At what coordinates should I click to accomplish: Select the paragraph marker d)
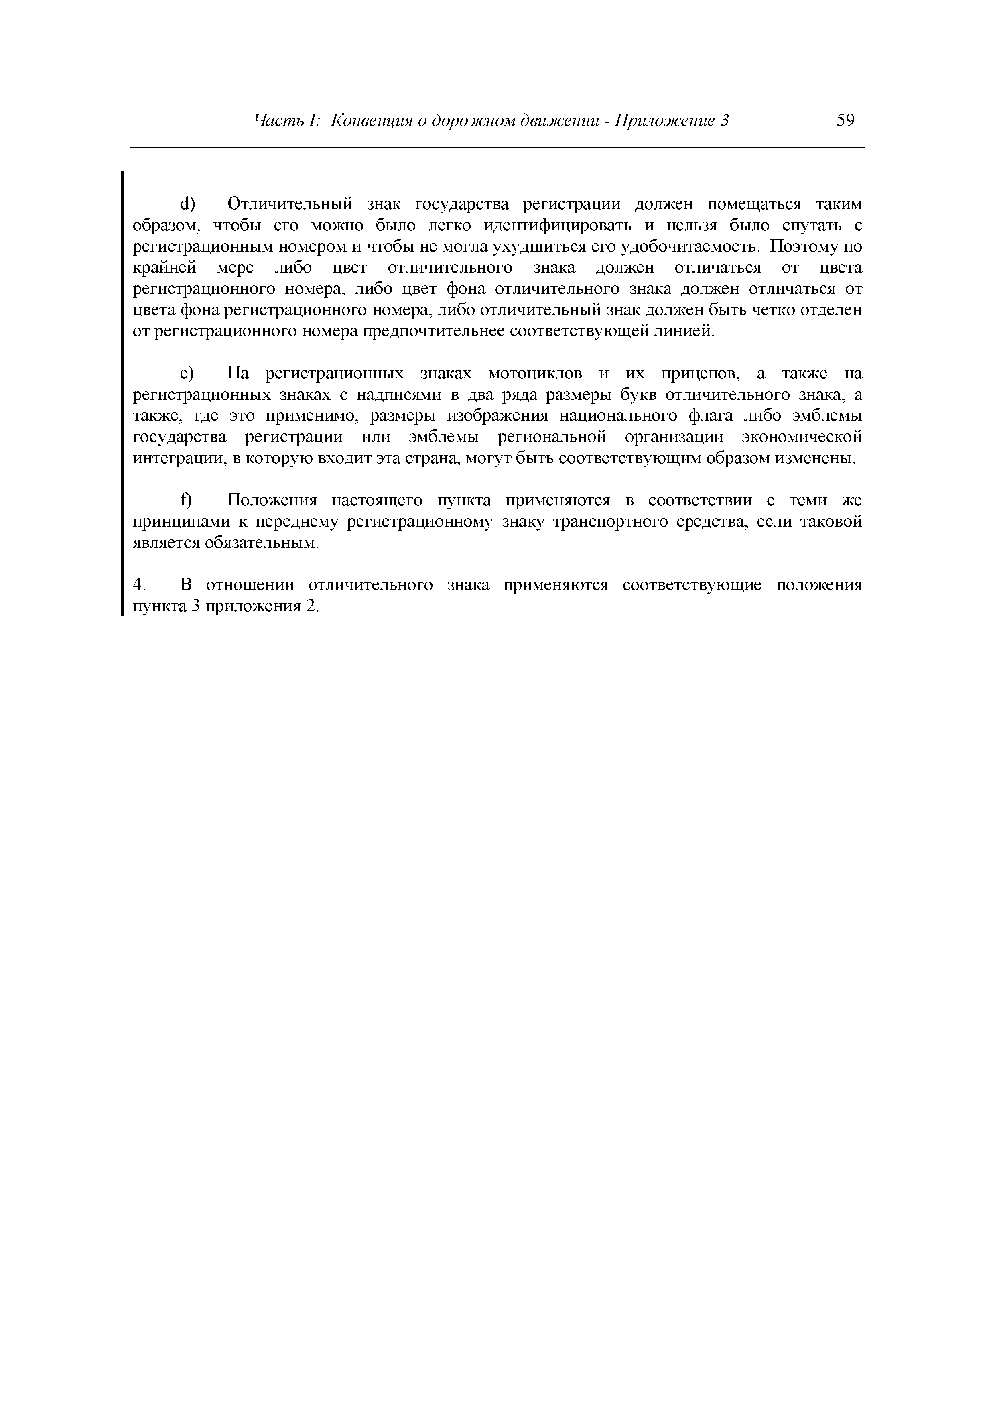(187, 203)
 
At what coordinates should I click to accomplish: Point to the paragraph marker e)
(187, 373)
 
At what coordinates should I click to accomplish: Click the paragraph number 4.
(138, 585)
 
